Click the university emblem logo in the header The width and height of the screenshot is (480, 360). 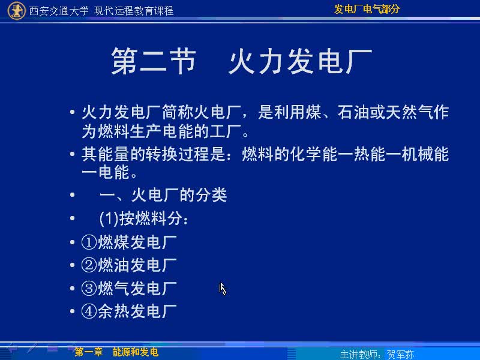[x=16, y=10]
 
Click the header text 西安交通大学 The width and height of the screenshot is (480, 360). [x=59, y=11]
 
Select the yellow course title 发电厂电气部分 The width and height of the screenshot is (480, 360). [x=367, y=9]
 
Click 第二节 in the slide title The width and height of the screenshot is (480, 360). [x=154, y=61]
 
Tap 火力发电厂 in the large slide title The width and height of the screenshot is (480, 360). [x=301, y=61]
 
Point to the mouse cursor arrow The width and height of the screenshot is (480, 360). [x=223, y=289]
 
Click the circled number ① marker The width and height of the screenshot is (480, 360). [x=89, y=242]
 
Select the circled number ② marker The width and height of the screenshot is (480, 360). [x=89, y=265]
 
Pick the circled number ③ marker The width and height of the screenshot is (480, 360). [x=89, y=289]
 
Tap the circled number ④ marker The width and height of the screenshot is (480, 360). [x=89, y=311]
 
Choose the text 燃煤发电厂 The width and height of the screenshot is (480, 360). [x=137, y=242]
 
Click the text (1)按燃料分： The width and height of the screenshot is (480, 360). [x=144, y=218]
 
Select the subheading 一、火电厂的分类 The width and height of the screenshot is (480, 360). [x=163, y=195]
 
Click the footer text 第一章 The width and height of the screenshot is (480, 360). [x=88, y=352]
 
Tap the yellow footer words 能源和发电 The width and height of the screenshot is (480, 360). [x=136, y=352]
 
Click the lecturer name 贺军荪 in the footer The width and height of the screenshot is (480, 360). [x=400, y=355]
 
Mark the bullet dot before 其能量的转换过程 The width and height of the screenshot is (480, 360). [x=72, y=154]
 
